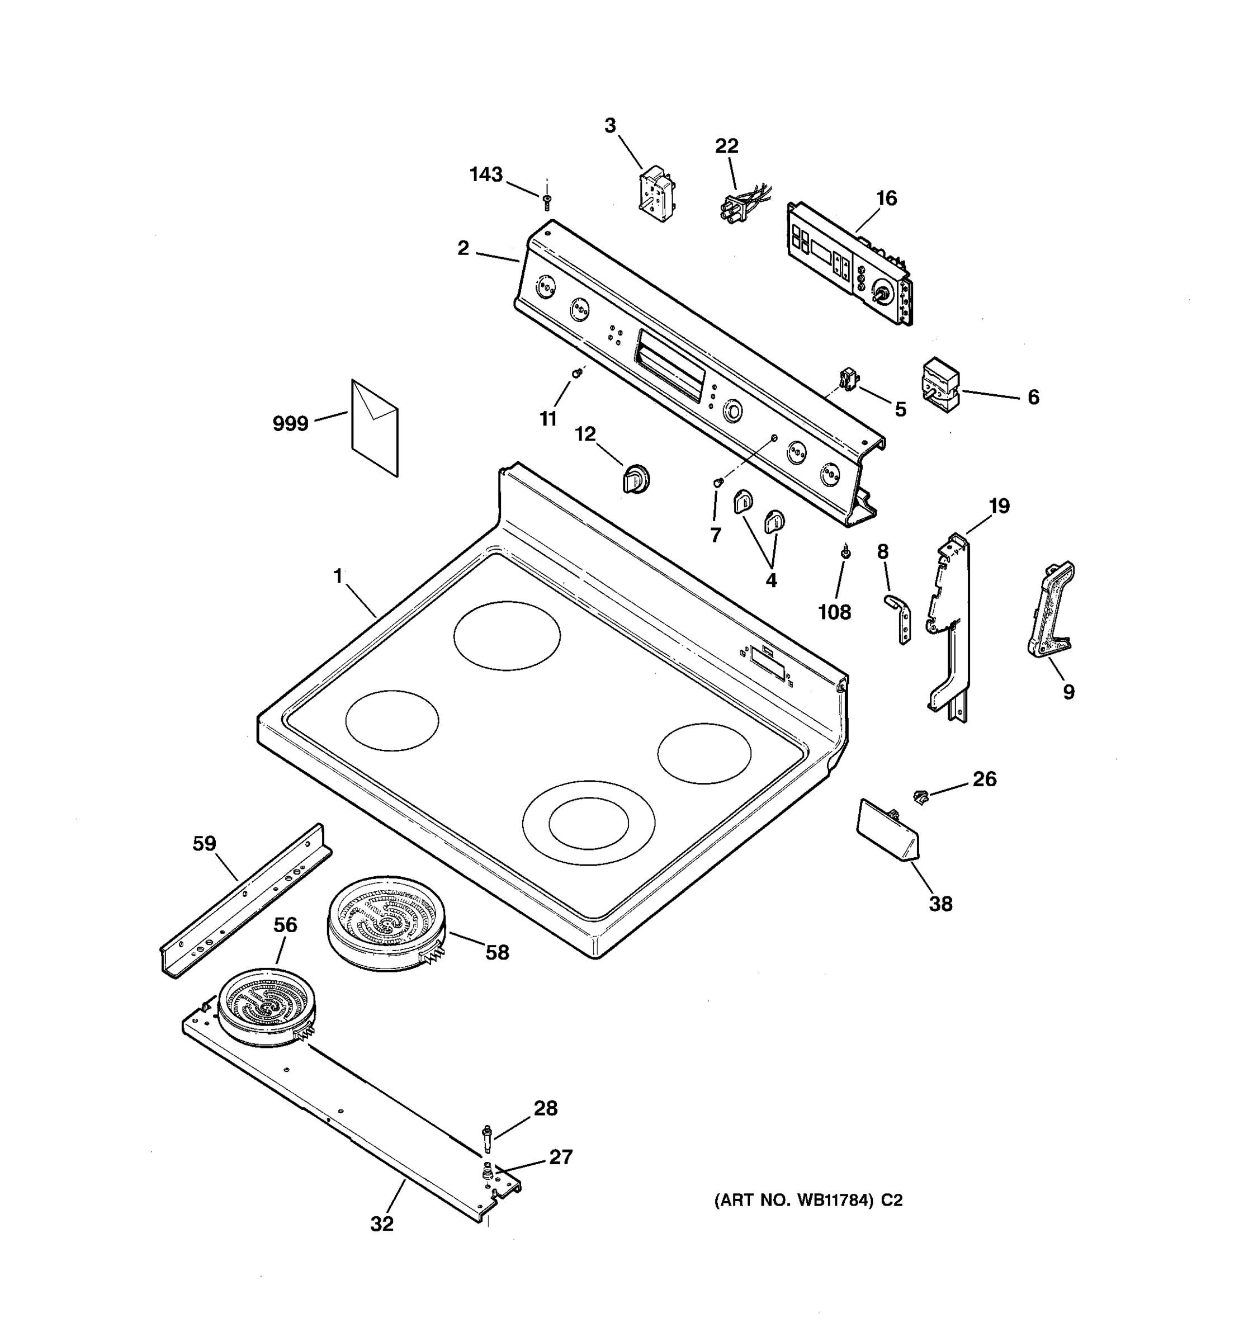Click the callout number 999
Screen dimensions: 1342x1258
tap(290, 424)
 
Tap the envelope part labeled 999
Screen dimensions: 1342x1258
tap(375, 428)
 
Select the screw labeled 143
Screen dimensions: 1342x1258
tap(547, 201)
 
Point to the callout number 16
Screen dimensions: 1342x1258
tap(886, 199)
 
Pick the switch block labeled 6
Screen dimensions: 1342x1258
tap(940, 385)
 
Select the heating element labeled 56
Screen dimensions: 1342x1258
tap(267, 1007)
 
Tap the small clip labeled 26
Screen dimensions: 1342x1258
tap(920, 797)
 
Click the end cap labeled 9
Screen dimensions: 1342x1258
tap(1051, 609)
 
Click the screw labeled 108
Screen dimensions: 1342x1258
tap(844, 552)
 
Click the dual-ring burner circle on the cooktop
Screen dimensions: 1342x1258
tap(588, 822)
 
